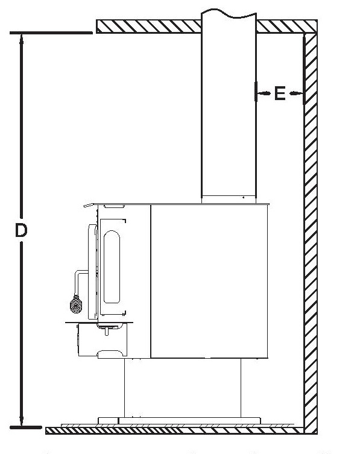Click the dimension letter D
(x=21, y=230)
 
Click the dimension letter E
(x=280, y=93)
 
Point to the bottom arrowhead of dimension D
(x=21, y=420)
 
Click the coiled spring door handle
(x=76, y=304)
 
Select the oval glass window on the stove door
(x=112, y=266)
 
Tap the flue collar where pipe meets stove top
(x=229, y=200)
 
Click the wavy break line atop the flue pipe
(x=229, y=13)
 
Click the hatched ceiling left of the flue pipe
(x=148, y=27)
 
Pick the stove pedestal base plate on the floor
(x=179, y=421)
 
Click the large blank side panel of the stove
(x=209, y=281)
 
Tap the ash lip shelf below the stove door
(x=99, y=322)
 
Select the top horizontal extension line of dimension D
(x=51, y=33)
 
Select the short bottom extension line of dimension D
(x=26, y=427)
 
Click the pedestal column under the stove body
(x=183, y=388)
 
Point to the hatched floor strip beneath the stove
(x=174, y=430)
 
